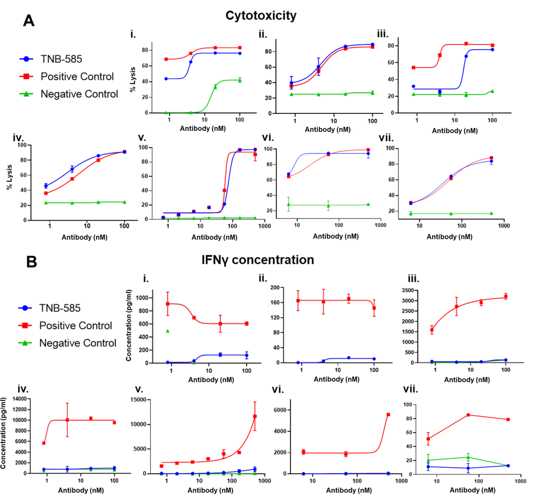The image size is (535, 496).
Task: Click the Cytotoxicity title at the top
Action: coord(261,15)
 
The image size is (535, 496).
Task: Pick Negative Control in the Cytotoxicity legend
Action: coord(79,94)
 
